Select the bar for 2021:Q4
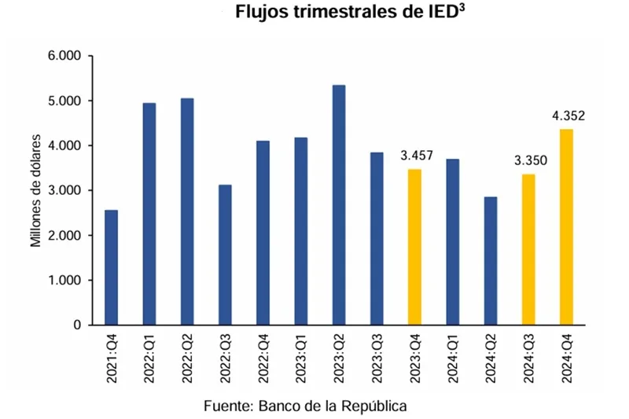112,267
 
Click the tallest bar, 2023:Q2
339,204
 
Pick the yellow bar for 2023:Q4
414,247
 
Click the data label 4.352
568,116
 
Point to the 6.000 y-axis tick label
66,57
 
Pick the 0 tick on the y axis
77,325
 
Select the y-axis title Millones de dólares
36,191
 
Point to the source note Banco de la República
305,406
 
